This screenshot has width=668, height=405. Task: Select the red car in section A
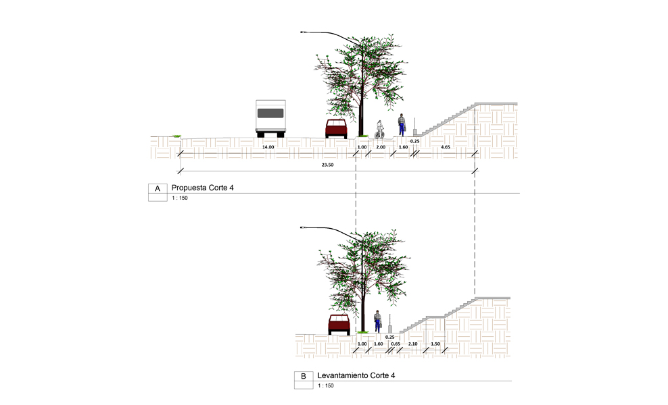pos(336,128)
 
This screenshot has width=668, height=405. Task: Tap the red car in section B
pos(339,324)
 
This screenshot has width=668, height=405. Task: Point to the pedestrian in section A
pos(402,125)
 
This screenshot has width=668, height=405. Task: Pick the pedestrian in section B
pos(377,321)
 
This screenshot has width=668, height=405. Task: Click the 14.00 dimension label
pos(268,146)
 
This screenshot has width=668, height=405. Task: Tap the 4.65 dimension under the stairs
pos(446,146)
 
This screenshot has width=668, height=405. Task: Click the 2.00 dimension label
pos(381,146)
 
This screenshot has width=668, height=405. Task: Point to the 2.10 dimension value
pos(412,344)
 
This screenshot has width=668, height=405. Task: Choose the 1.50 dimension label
pos(435,344)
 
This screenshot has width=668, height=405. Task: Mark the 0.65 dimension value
pos(396,344)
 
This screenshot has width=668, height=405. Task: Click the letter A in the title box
pos(158,188)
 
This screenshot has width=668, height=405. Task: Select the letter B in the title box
pos(304,377)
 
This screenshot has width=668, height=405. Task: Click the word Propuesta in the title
pos(192,188)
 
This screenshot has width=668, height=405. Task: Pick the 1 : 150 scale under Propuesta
pos(180,198)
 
